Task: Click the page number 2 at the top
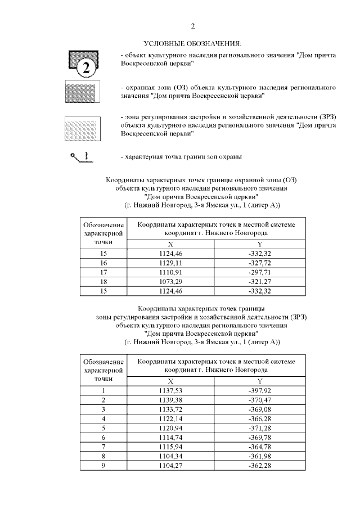[x=192, y=26]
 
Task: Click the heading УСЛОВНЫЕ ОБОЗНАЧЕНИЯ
[x=192, y=43]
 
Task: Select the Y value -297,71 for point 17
[x=259, y=271]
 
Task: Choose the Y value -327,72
[x=259, y=263]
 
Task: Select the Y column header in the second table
[x=259, y=381]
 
